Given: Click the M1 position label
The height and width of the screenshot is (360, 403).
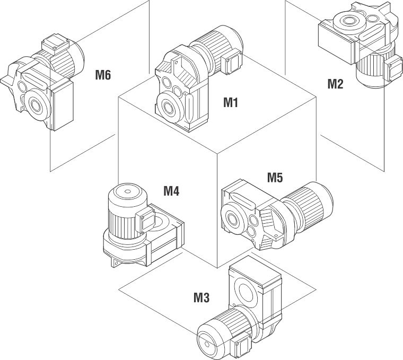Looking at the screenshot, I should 230,102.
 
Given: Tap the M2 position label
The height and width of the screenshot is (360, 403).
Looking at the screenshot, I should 335,83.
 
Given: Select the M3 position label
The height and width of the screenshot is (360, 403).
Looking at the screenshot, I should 201,297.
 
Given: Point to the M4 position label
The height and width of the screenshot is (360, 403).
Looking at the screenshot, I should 171,190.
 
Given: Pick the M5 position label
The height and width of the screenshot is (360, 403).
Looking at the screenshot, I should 274,177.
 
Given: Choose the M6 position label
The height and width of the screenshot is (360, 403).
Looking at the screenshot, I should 103,75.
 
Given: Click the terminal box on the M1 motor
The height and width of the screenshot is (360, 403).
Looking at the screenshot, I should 233,63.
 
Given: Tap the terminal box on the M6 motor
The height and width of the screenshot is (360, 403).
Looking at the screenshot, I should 52,45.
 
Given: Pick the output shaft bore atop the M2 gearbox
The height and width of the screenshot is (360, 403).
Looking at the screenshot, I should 348,22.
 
